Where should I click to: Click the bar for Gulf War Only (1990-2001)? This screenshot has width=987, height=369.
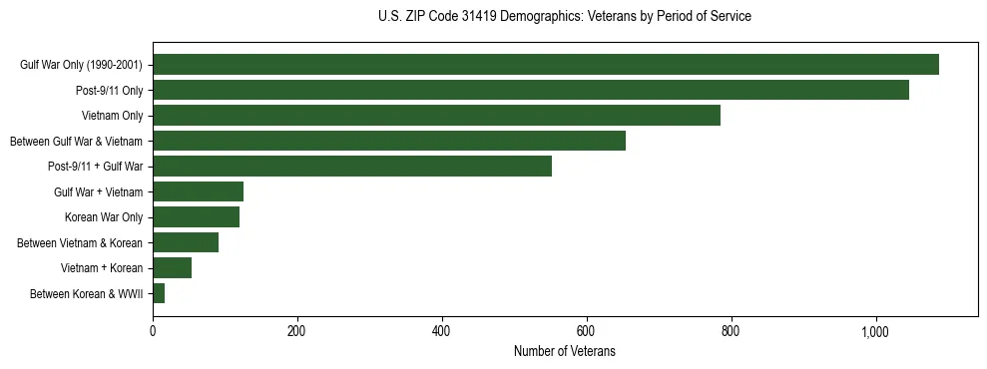pos(546,65)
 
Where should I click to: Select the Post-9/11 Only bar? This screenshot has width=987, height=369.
pos(531,90)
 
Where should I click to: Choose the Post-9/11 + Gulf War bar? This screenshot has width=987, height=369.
pos(352,167)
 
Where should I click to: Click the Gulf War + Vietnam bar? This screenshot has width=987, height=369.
pos(198,191)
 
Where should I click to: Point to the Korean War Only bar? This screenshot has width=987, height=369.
pos(196,217)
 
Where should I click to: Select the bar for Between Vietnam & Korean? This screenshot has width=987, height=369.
pos(186,242)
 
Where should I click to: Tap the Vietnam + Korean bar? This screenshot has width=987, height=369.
pos(172,267)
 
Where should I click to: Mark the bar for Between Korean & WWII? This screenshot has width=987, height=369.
pos(159,293)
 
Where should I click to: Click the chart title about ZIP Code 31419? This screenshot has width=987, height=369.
pos(565,17)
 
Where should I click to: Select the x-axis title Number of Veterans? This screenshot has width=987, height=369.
pos(565,352)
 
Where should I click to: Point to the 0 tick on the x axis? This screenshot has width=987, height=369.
pos(153,331)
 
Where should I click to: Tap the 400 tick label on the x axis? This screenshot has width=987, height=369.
pos(442,331)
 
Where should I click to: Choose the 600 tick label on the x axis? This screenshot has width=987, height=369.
pos(586,331)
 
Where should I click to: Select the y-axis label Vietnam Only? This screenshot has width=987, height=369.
pos(113,116)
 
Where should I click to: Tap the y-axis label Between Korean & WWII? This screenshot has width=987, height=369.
pos(87,293)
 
